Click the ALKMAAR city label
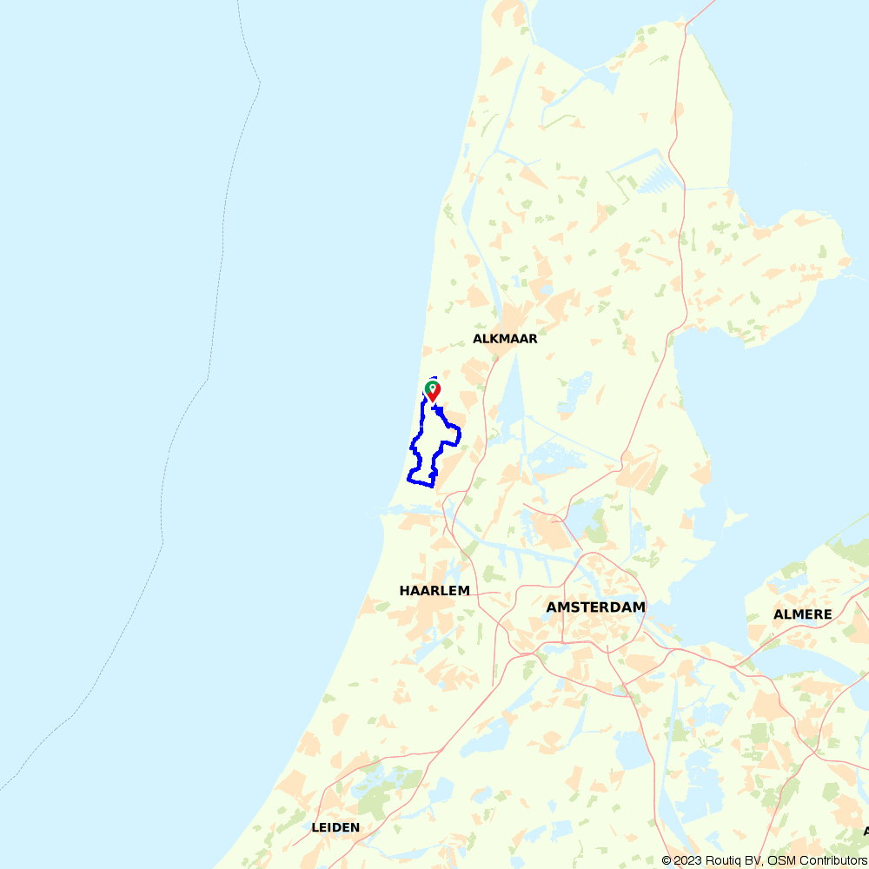(505, 339)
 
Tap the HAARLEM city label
(434, 591)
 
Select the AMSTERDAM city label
(596, 607)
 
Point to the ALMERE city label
(803, 614)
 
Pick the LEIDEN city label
(335, 828)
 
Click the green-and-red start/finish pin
(432, 390)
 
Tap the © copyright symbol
(667, 860)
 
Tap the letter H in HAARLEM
(404, 591)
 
